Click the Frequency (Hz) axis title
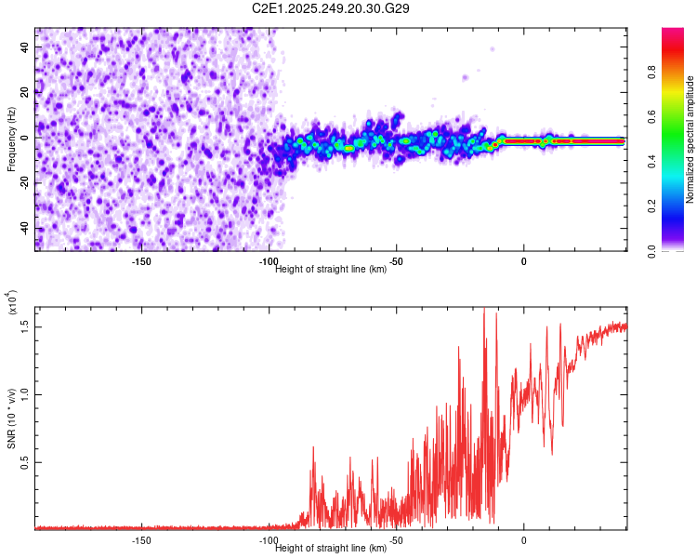11,139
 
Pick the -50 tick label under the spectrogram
396,261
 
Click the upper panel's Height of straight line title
332,269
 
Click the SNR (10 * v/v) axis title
11,418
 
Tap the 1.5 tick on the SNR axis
24,325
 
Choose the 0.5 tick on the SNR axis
24,461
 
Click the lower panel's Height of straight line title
332,548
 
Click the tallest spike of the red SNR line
484,310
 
